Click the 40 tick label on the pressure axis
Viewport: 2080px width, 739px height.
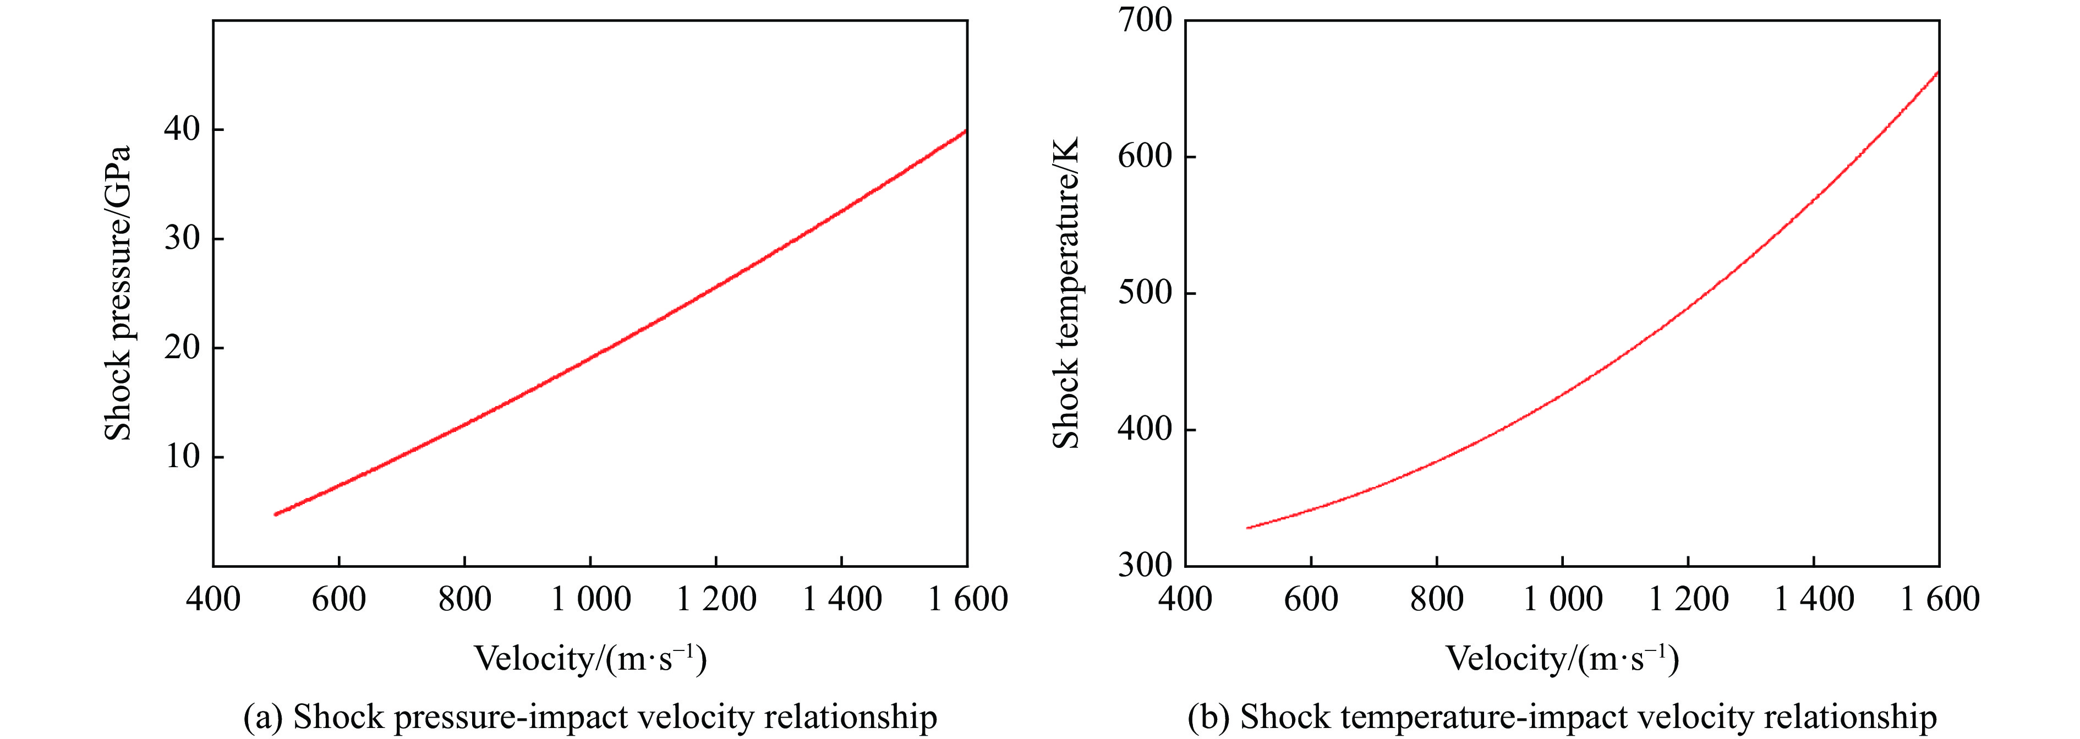click(x=182, y=129)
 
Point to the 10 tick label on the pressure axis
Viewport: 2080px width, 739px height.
click(x=182, y=456)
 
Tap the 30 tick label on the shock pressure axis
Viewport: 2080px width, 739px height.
click(x=182, y=238)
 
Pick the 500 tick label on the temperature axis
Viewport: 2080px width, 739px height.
click(x=1144, y=292)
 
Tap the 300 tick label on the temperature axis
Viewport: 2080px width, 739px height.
click(x=1144, y=565)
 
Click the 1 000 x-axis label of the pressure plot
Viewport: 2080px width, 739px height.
click(x=590, y=599)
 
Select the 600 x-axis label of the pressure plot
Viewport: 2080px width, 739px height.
click(x=338, y=599)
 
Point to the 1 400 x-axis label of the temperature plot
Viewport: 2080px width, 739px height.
click(x=1814, y=599)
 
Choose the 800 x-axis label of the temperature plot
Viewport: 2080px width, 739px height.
click(x=1436, y=599)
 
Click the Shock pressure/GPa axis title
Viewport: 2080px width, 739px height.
click(x=118, y=293)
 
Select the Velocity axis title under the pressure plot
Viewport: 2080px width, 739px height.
click(x=590, y=658)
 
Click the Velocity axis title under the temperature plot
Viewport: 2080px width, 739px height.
click(x=1562, y=658)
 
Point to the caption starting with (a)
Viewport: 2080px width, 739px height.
click(x=590, y=717)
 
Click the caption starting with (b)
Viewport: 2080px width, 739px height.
click(x=1562, y=717)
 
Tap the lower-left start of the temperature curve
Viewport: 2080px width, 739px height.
click(x=1249, y=527)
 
